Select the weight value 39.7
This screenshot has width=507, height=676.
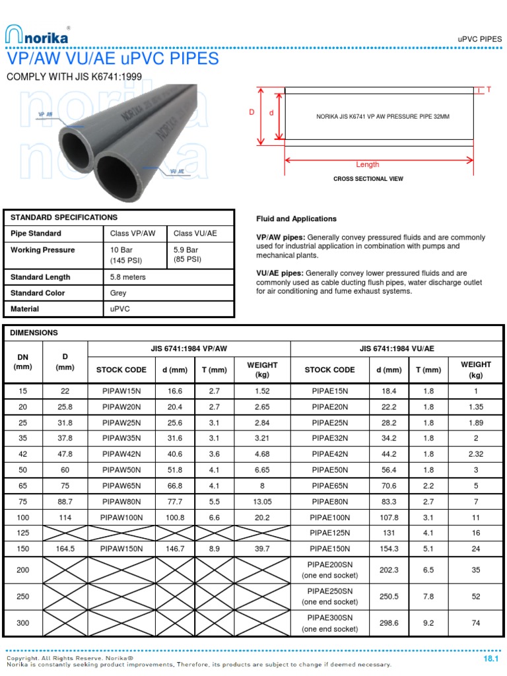coord(262,549)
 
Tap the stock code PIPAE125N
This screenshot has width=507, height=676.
coord(329,533)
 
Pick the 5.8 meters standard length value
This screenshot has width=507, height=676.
coord(128,277)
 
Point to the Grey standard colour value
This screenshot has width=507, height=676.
coord(118,293)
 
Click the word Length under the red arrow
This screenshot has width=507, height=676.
coord(368,164)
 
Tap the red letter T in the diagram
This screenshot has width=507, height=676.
coord(489,89)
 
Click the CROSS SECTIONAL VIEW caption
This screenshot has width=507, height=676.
coord(368,179)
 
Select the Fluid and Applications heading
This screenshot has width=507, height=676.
coord(296,219)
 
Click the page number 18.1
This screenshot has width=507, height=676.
coord(490,659)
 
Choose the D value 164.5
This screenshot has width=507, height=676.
coord(65,549)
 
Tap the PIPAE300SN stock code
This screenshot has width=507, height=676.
coord(329,617)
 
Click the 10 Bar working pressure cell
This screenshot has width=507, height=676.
coord(122,250)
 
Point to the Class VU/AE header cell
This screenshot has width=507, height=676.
coord(195,234)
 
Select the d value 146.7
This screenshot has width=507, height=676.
coord(175,549)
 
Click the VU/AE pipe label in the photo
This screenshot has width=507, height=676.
coord(177,171)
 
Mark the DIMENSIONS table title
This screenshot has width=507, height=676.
coord(34,333)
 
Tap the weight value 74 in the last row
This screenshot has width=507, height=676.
coord(476,623)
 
